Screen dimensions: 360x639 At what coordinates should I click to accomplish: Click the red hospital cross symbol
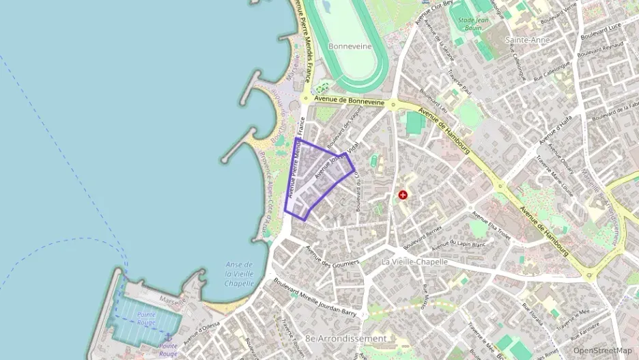click(403, 195)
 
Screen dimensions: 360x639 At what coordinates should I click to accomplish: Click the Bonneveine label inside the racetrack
click(350, 46)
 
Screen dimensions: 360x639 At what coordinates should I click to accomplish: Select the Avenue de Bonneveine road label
click(347, 100)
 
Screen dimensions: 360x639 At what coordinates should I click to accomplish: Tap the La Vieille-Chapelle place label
click(414, 262)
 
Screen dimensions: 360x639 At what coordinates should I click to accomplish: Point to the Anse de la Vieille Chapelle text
click(239, 273)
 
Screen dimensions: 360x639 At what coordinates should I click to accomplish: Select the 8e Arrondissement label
click(346, 338)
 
